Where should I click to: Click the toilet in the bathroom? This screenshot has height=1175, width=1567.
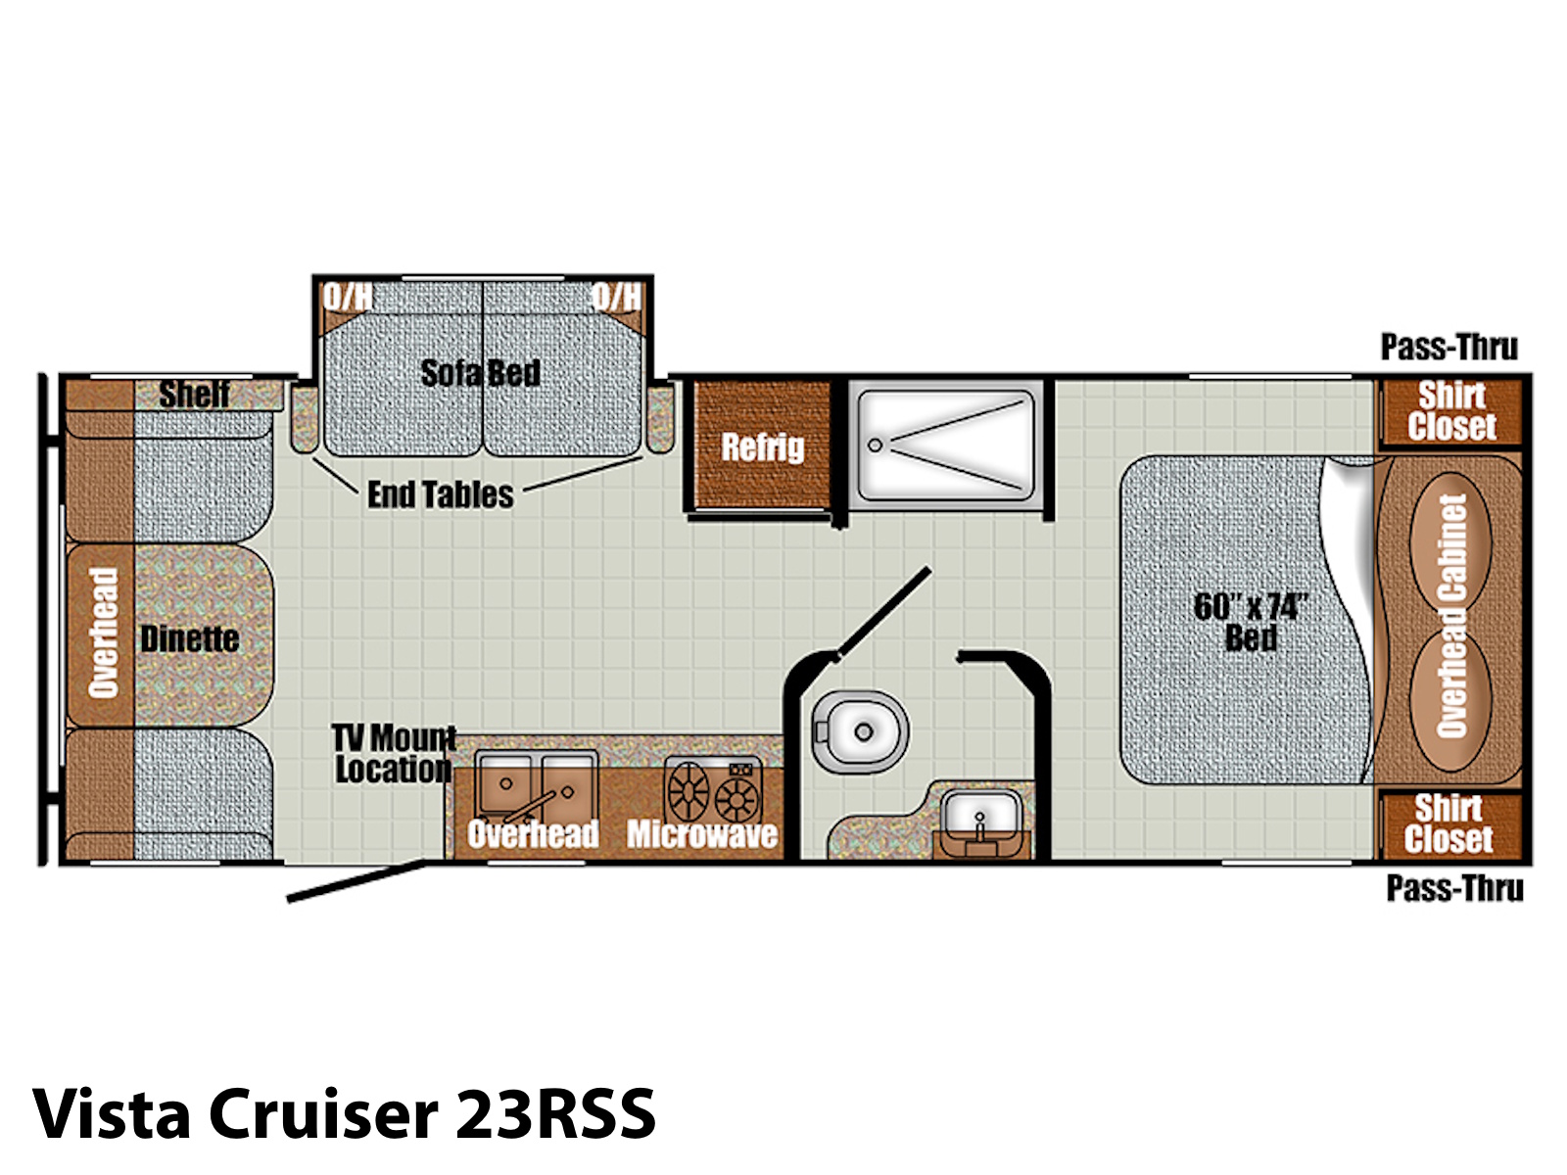[x=860, y=731]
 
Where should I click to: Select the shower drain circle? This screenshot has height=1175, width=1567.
[x=875, y=446]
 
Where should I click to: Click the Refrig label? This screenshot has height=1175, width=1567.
[x=762, y=447]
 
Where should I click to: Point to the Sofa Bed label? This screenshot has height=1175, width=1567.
[x=481, y=372]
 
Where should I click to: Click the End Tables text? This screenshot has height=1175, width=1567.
[x=441, y=494]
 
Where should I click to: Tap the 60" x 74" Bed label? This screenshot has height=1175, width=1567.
[x=1251, y=622]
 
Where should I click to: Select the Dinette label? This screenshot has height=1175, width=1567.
[x=190, y=638]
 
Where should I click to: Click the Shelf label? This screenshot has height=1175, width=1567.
[x=194, y=394]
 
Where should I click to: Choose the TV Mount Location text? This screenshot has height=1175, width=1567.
[x=394, y=754]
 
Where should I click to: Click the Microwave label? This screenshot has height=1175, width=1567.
[x=702, y=834]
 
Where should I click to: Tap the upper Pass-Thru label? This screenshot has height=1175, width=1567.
[x=1449, y=348]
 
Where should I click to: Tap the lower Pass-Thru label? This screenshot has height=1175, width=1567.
[x=1455, y=889]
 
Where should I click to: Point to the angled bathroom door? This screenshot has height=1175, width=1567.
[x=884, y=611]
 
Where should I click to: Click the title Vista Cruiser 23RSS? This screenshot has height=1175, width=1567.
[x=344, y=1114]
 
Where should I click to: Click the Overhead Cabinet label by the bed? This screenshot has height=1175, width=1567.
[x=1451, y=616]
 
